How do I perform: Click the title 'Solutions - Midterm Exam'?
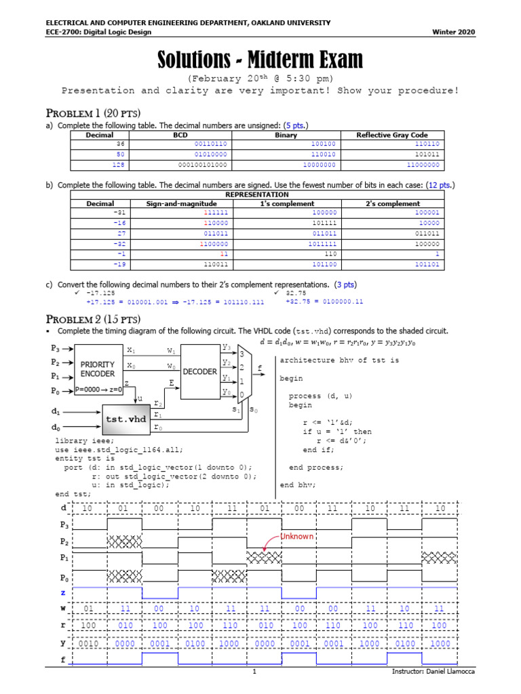point(260,61)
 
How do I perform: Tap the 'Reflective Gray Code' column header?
point(392,136)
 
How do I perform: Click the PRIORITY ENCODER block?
point(98,369)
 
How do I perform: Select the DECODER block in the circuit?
point(199,372)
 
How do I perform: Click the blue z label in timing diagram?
point(63,593)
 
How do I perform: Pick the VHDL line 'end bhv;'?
point(297,485)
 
